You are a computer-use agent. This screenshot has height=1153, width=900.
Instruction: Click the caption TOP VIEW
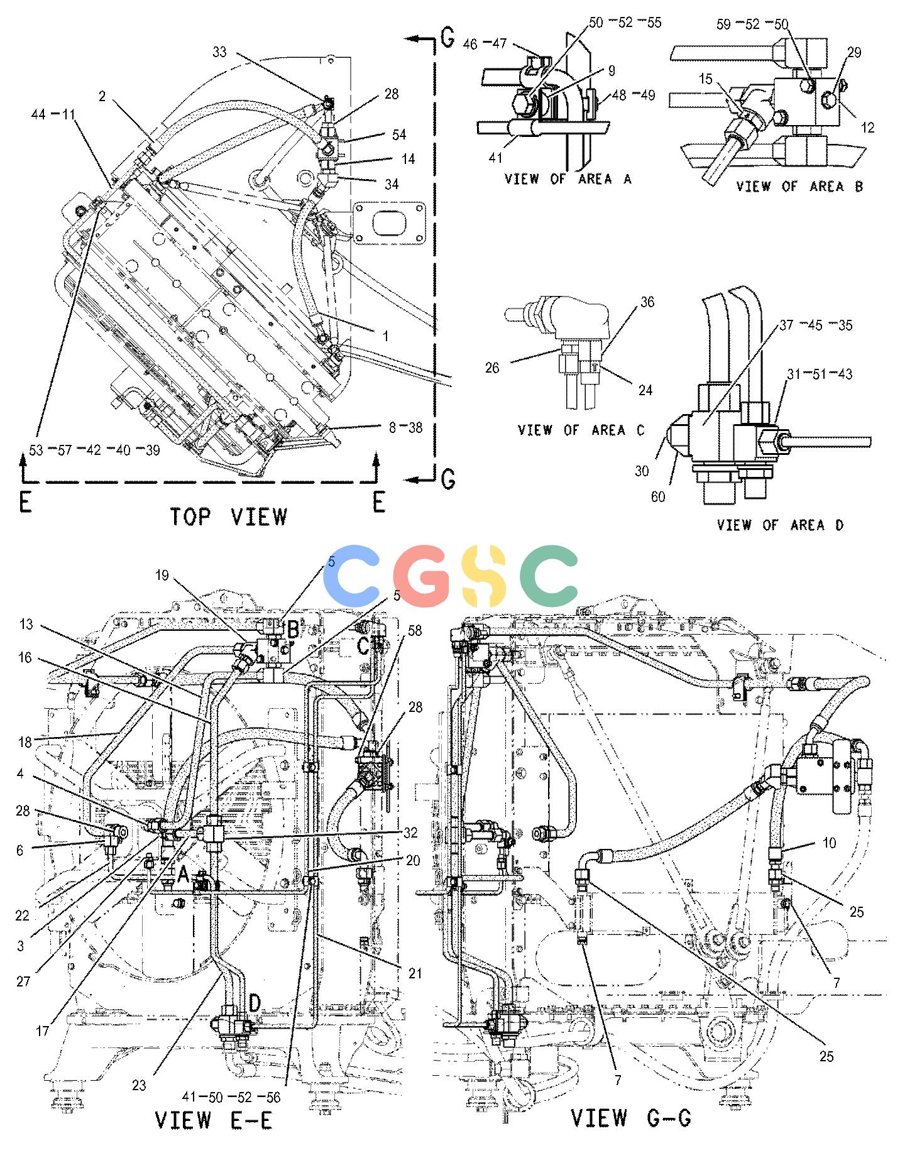click(x=229, y=516)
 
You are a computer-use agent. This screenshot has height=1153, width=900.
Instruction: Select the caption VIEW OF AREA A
click(x=568, y=179)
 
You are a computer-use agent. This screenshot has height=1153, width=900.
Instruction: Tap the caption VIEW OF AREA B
click(x=799, y=186)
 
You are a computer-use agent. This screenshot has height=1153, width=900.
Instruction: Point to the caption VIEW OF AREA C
click(x=581, y=430)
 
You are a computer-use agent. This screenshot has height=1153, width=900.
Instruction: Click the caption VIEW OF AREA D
click(x=780, y=525)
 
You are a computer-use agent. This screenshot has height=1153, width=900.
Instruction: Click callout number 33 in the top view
click(x=219, y=53)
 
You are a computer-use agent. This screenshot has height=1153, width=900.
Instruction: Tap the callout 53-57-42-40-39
click(x=94, y=451)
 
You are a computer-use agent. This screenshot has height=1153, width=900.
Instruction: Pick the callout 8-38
click(x=405, y=428)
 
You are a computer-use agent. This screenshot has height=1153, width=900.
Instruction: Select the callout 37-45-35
click(x=816, y=325)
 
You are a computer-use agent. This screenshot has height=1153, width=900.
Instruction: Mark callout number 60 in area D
click(x=658, y=497)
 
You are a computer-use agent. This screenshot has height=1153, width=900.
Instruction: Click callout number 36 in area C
click(x=647, y=302)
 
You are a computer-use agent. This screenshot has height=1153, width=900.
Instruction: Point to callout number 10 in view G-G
click(x=830, y=843)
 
